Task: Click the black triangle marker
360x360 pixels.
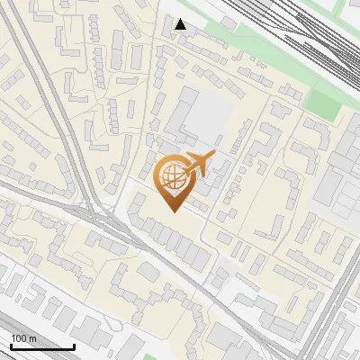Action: (x=181, y=24)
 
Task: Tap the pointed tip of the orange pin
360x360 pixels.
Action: (x=171, y=211)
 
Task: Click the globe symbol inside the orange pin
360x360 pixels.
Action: (x=170, y=177)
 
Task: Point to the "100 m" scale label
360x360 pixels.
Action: (x=24, y=338)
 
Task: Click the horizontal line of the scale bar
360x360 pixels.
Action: (x=42, y=346)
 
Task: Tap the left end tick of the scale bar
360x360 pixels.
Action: (x=11, y=345)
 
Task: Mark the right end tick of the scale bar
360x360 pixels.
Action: (x=74, y=345)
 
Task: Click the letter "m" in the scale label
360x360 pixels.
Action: (x=32, y=338)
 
